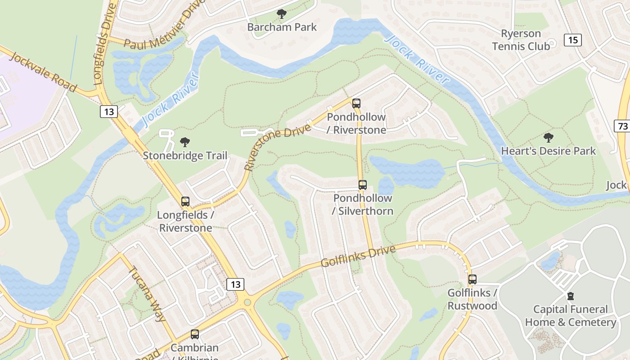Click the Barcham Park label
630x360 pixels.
[x=282, y=27]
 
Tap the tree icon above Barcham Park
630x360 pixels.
[x=282, y=14]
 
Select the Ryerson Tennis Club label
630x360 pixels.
[x=521, y=40]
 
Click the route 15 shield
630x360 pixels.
[x=573, y=40]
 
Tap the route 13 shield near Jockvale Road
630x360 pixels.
[x=108, y=111]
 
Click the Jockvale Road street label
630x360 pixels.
[x=43, y=72]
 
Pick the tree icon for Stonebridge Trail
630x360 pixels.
[x=184, y=143]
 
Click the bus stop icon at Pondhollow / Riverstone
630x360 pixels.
[x=356, y=103]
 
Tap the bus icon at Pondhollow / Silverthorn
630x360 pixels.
[x=362, y=185]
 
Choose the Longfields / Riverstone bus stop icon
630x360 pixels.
[x=185, y=202]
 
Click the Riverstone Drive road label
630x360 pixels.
[x=278, y=148]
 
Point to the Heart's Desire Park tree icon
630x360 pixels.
[x=548, y=138]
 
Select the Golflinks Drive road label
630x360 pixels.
[x=358, y=256]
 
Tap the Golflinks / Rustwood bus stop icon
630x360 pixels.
[x=472, y=279]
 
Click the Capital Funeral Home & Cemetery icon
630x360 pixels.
[x=571, y=296]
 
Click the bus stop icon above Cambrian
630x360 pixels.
[x=194, y=334]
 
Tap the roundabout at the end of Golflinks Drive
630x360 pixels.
[x=246, y=302]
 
